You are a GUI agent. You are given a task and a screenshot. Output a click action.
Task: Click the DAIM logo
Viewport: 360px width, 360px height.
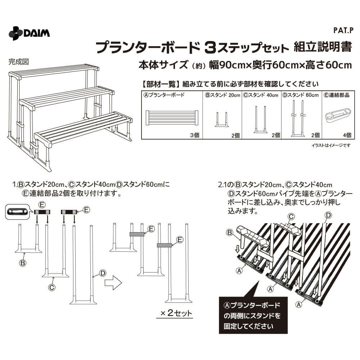(29, 33)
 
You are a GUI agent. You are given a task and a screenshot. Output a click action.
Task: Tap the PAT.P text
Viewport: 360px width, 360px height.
(343, 31)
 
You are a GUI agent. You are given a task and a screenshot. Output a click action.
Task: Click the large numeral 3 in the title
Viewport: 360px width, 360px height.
(210, 48)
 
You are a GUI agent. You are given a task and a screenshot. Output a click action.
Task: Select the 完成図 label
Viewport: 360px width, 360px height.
(19, 62)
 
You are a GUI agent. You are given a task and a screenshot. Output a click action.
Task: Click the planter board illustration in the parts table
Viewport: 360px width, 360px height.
(172, 118)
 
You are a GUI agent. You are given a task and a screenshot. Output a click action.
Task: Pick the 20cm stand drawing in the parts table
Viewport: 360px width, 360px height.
(222, 120)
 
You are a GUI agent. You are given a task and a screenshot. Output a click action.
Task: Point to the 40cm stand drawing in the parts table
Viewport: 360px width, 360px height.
(260, 120)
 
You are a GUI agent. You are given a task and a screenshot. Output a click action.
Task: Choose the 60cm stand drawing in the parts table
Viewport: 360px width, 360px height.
(298, 118)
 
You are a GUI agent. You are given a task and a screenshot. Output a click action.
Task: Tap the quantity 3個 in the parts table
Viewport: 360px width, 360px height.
(195, 135)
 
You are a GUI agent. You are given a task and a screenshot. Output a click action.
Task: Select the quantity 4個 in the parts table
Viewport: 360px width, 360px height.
(347, 135)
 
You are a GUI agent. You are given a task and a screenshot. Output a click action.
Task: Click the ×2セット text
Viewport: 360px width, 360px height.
(176, 313)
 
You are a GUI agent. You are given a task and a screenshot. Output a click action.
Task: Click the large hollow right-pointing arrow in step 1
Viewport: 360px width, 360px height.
(113, 283)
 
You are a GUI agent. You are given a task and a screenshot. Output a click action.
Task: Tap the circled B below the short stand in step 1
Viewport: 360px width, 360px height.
(22, 263)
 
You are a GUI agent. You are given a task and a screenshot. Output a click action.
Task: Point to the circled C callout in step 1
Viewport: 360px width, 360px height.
(52, 287)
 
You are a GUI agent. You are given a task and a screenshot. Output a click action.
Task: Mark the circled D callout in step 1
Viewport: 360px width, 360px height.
(103, 273)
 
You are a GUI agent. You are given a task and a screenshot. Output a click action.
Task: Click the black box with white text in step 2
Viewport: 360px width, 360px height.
(253, 315)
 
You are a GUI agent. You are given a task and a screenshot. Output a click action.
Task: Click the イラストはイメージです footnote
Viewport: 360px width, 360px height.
(331, 145)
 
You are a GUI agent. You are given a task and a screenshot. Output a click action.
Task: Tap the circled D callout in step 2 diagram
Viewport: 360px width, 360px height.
(329, 215)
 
